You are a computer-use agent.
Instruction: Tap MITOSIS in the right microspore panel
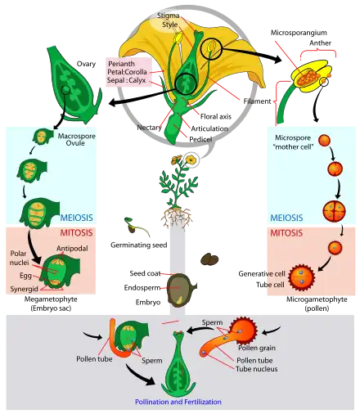pyautogui.click(x=285, y=232)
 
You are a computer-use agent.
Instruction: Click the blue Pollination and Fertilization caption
pyautogui.click(x=179, y=402)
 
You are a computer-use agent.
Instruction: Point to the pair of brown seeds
pyautogui.click(x=210, y=260)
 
